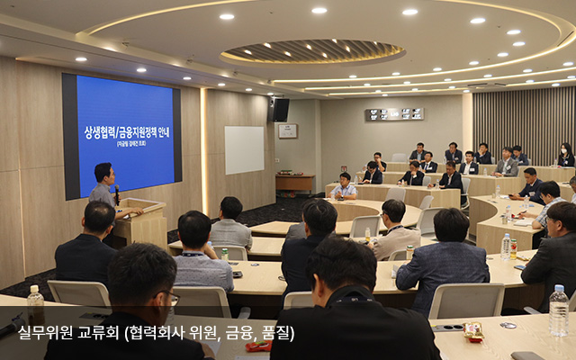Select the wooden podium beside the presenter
(142, 221)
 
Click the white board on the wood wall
(244, 149)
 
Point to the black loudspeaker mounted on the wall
(281, 110)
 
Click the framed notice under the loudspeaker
(287, 131)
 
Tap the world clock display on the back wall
(394, 114)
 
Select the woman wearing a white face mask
(565, 155)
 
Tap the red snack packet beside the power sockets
(258, 346)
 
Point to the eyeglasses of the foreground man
(170, 296)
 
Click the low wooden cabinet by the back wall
(294, 183)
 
